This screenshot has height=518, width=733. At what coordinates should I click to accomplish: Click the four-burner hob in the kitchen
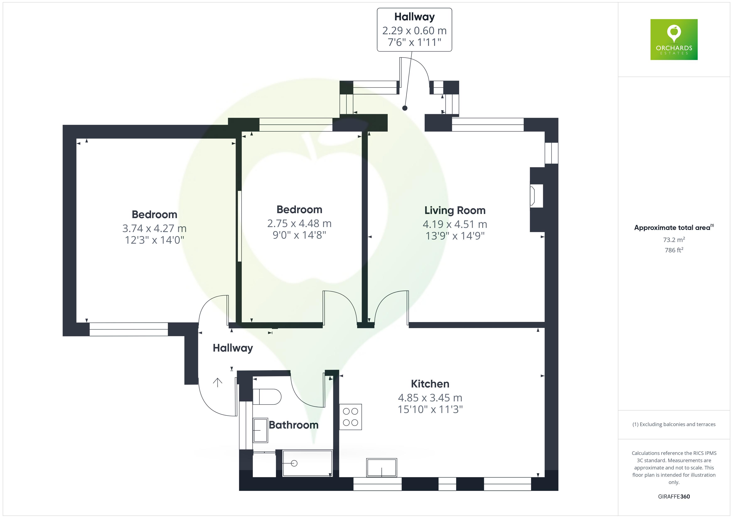[x=350, y=417]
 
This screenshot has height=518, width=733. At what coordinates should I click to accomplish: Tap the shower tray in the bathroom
[x=307, y=463]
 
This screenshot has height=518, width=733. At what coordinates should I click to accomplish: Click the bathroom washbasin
[x=260, y=430]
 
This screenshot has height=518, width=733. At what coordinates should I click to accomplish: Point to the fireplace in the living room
[x=536, y=196]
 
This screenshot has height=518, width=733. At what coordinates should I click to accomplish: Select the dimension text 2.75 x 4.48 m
[x=299, y=224]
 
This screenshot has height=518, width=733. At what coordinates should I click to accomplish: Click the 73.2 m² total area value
[x=674, y=239]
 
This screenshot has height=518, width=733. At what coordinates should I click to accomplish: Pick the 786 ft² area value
[x=674, y=250]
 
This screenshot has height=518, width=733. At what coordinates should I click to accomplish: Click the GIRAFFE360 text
[x=674, y=496]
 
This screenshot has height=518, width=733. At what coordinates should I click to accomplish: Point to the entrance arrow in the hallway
[x=217, y=382]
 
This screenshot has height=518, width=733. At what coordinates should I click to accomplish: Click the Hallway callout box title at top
[x=414, y=17]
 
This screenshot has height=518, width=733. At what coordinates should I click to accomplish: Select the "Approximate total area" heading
[x=672, y=228]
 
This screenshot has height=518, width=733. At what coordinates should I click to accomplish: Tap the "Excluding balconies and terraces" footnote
[x=674, y=424]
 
